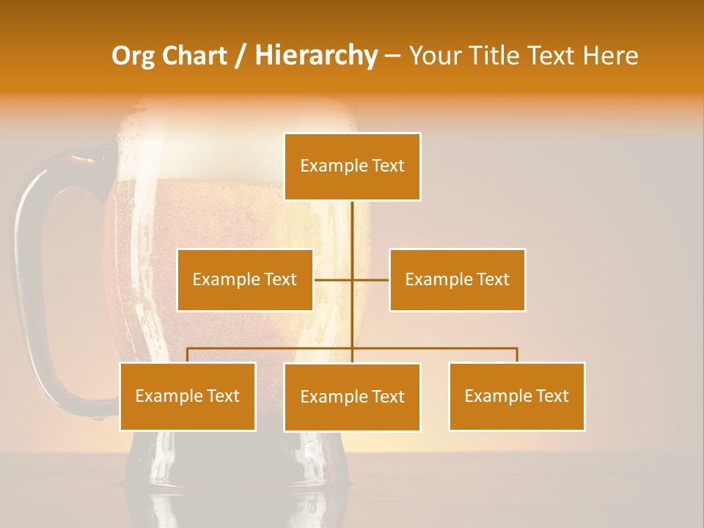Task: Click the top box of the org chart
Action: point(352,166)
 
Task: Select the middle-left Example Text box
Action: point(245,279)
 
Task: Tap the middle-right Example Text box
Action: point(457,279)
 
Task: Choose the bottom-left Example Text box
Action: point(188,396)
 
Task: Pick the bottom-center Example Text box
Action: point(352,397)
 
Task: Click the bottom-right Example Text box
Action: point(516,396)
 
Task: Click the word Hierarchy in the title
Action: point(316,56)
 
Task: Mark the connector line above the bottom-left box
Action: point(188,355)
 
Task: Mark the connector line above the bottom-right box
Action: point(517,355)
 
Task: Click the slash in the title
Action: point(240,56)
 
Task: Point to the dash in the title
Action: point(392,56)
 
